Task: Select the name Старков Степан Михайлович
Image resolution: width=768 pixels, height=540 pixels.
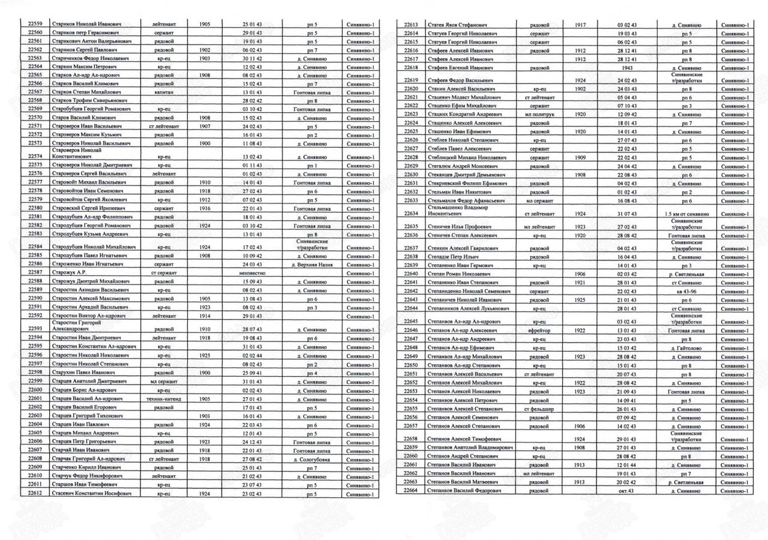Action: coord(86,91)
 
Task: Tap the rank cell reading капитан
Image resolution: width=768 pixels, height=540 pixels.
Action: coord(164,91)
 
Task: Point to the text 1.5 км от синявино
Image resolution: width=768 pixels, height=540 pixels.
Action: coord(686,212)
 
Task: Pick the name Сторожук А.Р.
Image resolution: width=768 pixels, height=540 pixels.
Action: coord(71,272)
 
